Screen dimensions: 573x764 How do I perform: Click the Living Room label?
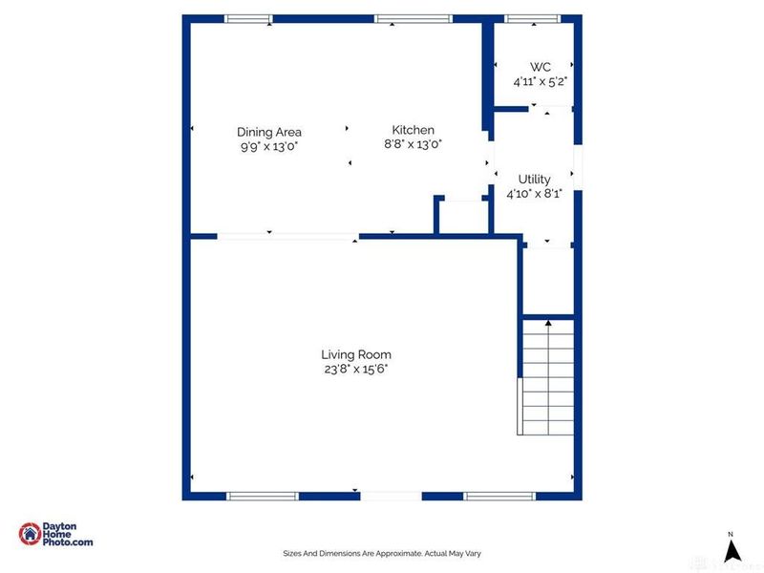(355, 354)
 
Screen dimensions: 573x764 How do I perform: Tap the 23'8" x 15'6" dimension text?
(355, 369)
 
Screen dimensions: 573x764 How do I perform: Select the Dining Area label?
(269, 132)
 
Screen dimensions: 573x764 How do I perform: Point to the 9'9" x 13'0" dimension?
(269, 146)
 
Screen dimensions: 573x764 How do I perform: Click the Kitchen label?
(413, 130)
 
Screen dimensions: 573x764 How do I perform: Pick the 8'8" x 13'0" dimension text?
(413, 144)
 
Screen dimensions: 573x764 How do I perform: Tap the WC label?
(541, 67)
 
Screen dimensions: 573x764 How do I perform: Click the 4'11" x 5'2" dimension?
(541, 81)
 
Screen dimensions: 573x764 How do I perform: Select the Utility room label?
(534, 179)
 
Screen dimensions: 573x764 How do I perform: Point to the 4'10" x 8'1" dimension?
(534, 193)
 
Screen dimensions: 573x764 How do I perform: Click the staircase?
(547, 376)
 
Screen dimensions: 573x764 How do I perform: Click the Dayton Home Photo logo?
(56, 535)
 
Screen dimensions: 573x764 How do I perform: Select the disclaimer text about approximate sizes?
(381, 553)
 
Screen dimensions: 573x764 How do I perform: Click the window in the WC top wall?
(533, 18)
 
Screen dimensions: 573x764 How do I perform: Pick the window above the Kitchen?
(413, 18)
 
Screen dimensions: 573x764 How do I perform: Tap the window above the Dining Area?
(248, 18)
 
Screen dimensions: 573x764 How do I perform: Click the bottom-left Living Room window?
(262, 496)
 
